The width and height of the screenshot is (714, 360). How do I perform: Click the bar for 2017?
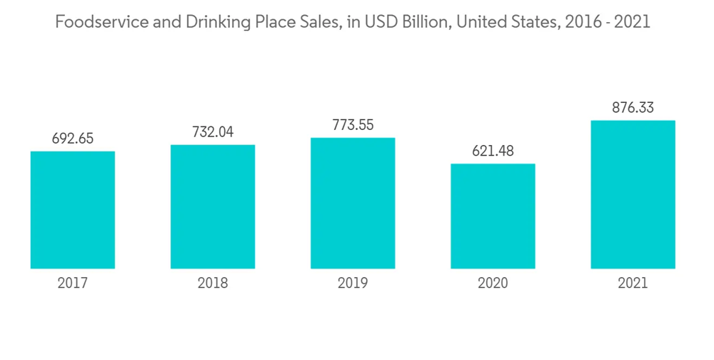point(73,210)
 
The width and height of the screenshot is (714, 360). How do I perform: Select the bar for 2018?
point(213,206)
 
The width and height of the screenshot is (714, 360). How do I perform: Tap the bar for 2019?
point(353,203)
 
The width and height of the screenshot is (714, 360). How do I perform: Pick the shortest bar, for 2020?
point(493,216)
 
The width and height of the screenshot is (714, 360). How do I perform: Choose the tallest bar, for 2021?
point(633,194)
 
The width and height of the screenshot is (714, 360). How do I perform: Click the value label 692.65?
point(73,139)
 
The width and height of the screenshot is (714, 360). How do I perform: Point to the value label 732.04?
point(213,132)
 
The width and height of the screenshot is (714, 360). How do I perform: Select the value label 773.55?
point(353,125)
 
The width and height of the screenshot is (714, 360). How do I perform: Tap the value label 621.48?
point(493,151)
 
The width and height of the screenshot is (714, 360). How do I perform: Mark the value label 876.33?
point(633,108)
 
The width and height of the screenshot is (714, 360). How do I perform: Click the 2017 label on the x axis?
point(73,284)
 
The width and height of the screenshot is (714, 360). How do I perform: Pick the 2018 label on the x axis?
point(213,284)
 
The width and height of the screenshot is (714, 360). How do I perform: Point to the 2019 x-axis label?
point(353,284)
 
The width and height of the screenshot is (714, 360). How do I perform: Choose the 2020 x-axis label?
point(493,284)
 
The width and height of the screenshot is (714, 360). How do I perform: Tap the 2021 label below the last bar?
point(633,284)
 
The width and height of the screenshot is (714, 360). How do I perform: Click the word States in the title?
point(527,22)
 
